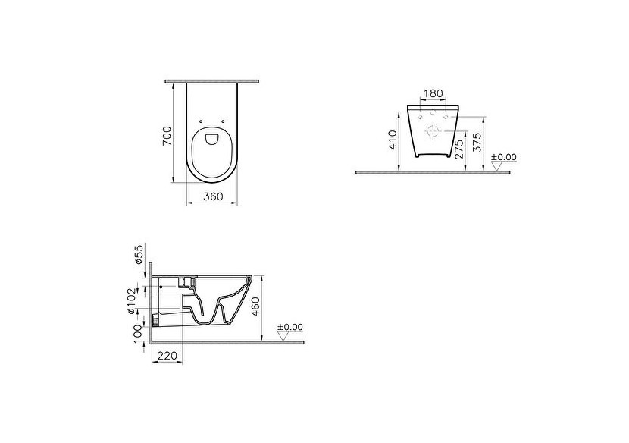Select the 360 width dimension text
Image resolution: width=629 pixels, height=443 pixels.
(212, 196)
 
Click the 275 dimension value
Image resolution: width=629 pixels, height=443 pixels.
(459, 147)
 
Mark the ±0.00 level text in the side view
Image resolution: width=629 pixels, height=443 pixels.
(290, 327)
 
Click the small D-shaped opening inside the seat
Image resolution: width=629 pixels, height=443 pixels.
(212, 139)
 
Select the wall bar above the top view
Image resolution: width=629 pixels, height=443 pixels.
(212, 80)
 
